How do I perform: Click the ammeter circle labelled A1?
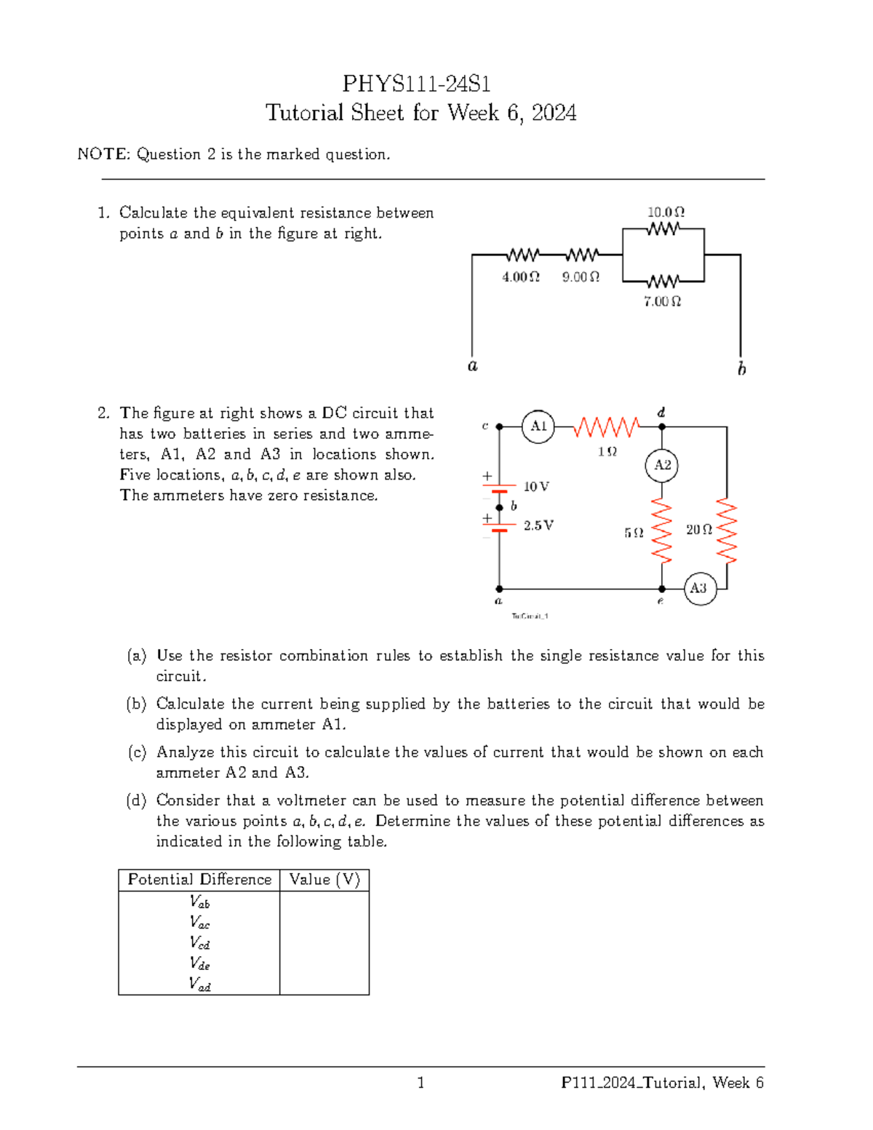538,426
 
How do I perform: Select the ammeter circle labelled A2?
662,465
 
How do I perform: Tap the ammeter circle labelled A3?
699,588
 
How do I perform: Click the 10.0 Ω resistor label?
666,212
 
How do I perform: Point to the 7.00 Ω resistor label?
662,301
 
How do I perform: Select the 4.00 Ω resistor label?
521,277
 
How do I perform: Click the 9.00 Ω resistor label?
581,277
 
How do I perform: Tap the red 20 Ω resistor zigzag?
727,531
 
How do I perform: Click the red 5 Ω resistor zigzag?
662,531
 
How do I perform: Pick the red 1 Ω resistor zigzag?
606,427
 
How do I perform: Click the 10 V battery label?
536,487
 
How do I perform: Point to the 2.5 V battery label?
538,525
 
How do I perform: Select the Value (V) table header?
324,880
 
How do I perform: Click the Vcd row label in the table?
199,943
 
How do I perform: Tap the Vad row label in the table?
199,984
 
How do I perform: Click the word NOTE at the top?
103,154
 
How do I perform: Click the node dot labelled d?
662,427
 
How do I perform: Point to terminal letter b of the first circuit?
741,369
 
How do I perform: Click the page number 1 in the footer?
420,1083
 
